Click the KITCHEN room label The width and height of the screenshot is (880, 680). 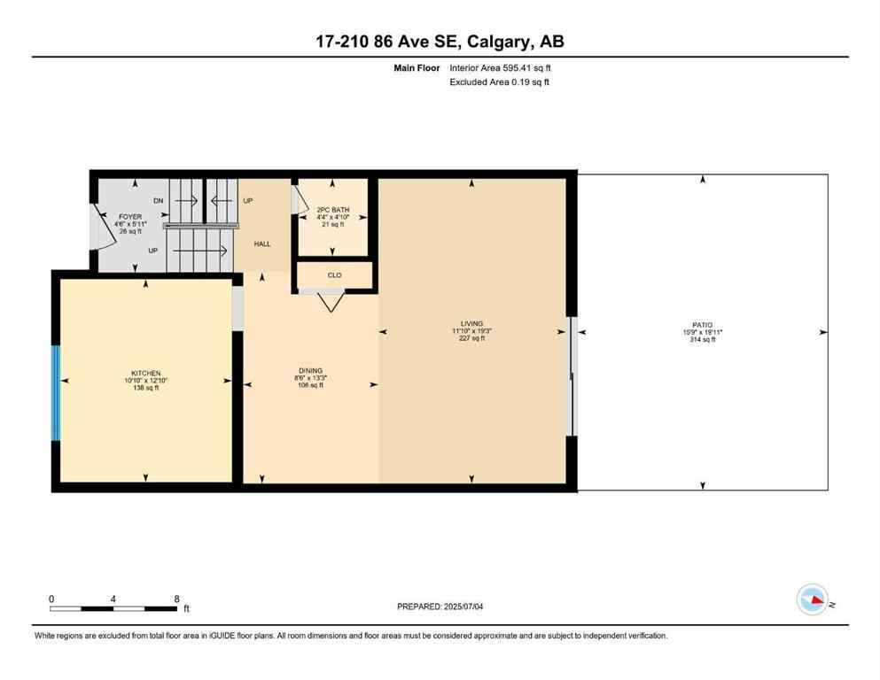tap(144, 373)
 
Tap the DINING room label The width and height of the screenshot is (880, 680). tap(310, 370)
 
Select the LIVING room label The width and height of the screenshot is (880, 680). tap(471, 324)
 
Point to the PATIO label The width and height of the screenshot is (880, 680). tap(703, 325)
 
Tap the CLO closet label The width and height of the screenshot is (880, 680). tap(334, 275)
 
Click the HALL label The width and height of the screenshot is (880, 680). tap(262, 243)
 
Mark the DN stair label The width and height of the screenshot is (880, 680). tap(159, 201)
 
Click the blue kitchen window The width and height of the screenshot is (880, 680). tap(56, 393)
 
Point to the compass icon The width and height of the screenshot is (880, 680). tap(812, 599)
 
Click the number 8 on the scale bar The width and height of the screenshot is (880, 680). tap(177, 599)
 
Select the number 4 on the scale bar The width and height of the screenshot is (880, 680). tap(113, 599)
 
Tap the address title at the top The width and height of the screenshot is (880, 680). tap(440, 41)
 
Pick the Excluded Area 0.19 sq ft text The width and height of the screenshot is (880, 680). tap(500, 82)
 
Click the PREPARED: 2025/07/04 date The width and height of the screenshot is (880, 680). tap(442, 607)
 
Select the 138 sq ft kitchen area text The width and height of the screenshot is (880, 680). tap(144, 388)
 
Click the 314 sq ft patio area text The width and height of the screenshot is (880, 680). tap(703, 340)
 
